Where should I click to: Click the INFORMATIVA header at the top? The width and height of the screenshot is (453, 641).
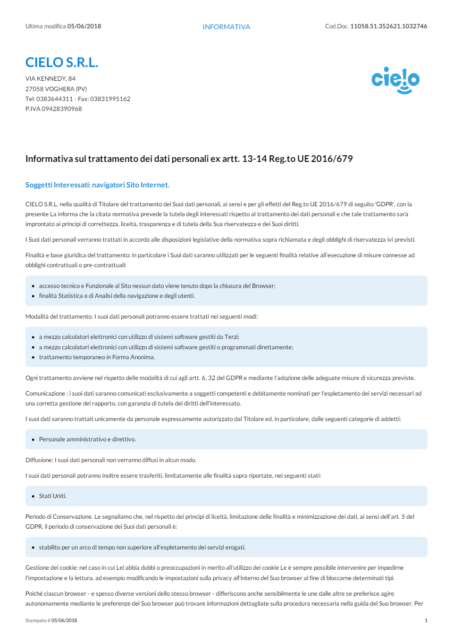tap(226, 27)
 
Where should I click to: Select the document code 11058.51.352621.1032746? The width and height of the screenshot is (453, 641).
tap(388, 26)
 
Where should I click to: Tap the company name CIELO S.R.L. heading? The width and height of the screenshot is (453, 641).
tap(62, 62)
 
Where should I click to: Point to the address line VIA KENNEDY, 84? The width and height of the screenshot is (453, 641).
tap(50, 79)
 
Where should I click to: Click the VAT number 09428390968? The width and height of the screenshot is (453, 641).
tap(62, 109)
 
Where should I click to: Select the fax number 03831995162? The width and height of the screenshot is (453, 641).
tap(110, 99)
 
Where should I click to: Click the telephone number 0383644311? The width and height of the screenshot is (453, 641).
tap(55, 99)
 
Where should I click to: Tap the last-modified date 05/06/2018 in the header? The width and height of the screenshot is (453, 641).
tap(84, 26)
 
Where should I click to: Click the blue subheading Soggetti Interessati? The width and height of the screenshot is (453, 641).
tap(97, 185)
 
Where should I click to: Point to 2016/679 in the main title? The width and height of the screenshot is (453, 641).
tap(332, 159)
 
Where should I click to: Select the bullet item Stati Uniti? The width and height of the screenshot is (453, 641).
tap(53, 496)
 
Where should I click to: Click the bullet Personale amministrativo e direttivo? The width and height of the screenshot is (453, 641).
tap(87, 439)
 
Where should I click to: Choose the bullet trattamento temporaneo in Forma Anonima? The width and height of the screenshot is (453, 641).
tap(97, 357)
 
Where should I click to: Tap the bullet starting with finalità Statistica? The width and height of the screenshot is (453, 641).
tap(117, 296)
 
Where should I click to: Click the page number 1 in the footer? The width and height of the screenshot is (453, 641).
tap(426, 621)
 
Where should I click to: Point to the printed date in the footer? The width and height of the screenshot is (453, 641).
tap(64, 621)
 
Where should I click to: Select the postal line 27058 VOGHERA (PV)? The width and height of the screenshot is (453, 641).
tap(56, 89)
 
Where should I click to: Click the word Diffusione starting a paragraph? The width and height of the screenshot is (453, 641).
tap(39, 460)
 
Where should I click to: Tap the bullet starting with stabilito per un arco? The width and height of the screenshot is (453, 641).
tap(142, 548)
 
